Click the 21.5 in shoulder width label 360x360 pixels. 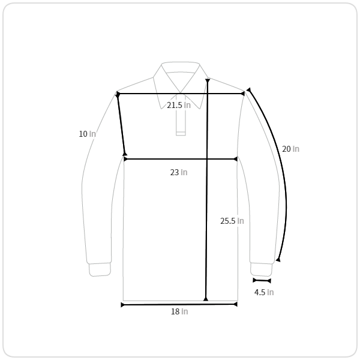[179, 105]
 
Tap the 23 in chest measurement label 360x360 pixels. [179, 172]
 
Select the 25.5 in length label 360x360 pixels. [232, 221]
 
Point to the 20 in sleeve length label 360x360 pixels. [290, 149]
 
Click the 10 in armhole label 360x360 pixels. [87, 134]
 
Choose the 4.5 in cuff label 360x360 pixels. [264, 292]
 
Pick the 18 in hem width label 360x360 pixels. [179, 311]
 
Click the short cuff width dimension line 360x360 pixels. [262, 280]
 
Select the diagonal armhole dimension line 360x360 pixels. [121, 124]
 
